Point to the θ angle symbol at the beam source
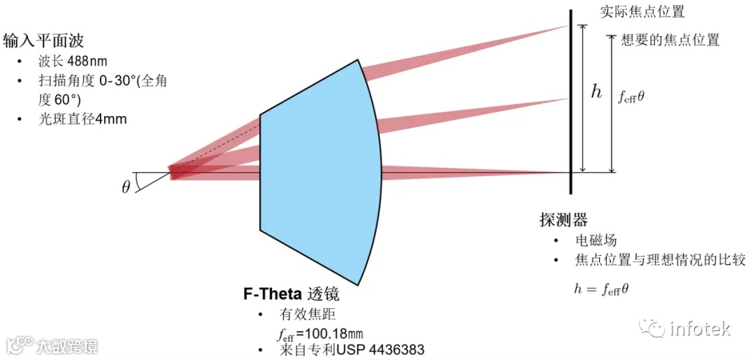point(127,187)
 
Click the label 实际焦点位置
point(642,12)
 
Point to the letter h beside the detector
point(596,92)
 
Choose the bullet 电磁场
point(596,240)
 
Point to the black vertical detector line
point(571,105)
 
